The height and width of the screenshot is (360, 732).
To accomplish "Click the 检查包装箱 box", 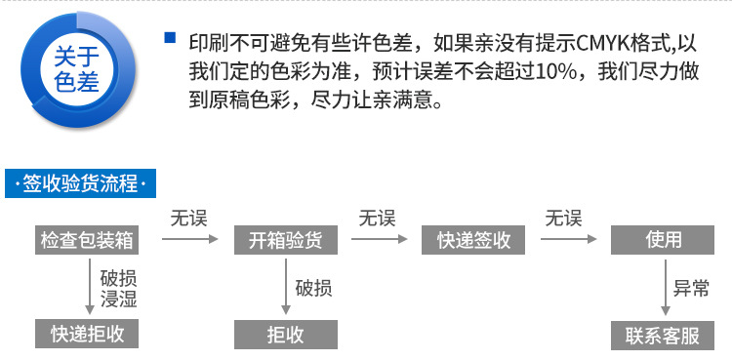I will [87, 240].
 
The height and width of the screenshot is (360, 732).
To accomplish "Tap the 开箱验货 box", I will [279, 240].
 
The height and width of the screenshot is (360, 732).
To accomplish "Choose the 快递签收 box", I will [467, 240].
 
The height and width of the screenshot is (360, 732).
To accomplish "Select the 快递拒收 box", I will [87, 334].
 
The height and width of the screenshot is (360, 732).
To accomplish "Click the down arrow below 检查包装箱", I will [87, 287].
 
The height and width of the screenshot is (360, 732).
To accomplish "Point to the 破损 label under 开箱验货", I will [313, 288].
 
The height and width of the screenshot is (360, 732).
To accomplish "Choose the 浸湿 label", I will [118, 299].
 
